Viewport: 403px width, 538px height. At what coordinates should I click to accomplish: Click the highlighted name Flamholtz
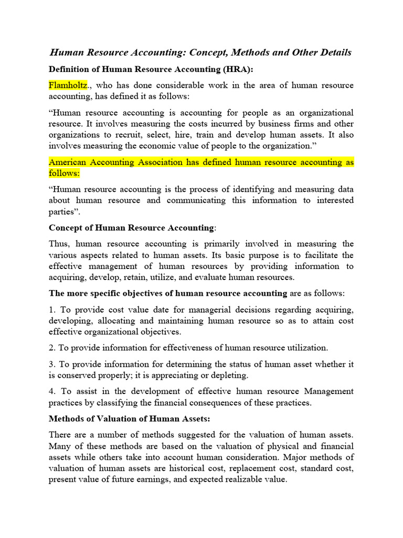(68, 85)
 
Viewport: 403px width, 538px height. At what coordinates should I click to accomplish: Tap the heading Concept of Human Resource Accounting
(132, 227)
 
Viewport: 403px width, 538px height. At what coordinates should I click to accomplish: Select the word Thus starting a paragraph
(58, 244)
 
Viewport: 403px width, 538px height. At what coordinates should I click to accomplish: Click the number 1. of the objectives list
(52, 310)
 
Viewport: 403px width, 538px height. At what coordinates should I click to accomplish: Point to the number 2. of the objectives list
(52, 348)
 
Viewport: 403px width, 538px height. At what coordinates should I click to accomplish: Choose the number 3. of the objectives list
(52, 364)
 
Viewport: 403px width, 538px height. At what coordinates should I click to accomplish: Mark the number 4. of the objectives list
(52, 391)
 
